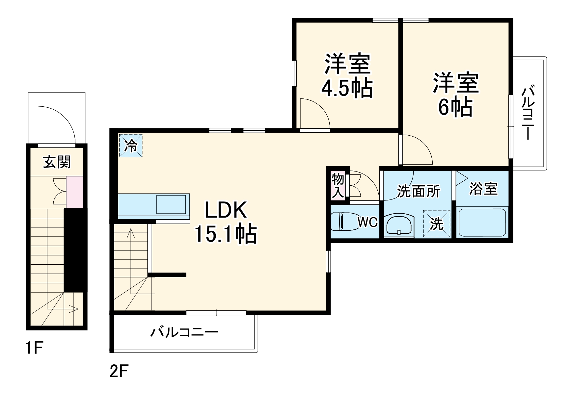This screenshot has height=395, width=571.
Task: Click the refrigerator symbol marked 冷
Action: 131,145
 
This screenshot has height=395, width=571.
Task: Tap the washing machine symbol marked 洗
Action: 437,224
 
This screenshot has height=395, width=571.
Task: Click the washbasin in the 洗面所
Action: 399,225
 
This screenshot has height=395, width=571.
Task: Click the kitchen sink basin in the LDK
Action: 171,204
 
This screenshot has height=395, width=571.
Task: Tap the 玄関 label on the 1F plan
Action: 57,162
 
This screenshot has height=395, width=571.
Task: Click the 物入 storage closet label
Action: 338,186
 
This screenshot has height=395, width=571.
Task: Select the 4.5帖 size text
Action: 347,88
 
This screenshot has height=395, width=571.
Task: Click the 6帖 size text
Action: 455,107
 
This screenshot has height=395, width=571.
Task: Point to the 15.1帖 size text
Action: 226,234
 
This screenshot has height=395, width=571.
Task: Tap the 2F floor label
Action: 119,371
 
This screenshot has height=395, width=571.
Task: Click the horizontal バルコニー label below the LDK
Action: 184,332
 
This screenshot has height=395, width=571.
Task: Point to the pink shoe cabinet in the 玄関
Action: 75,192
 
